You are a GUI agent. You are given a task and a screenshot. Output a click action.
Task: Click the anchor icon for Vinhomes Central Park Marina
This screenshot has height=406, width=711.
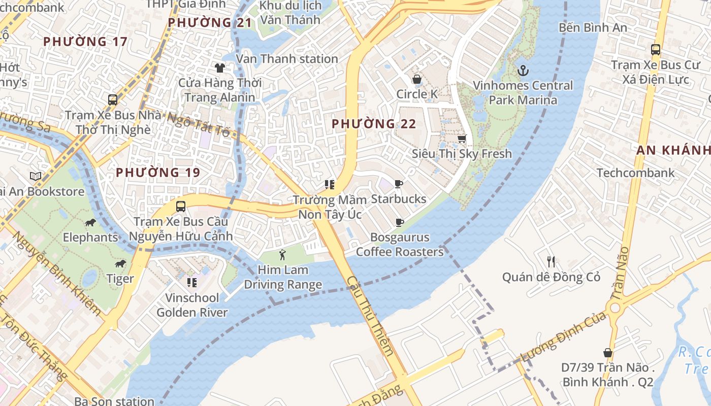tap(523, 71)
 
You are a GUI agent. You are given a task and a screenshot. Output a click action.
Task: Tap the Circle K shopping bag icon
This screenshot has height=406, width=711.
tap(416, 79)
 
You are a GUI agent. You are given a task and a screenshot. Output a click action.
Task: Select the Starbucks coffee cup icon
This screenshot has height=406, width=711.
tap(399, 184)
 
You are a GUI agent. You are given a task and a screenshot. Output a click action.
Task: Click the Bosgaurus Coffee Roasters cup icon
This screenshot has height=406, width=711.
tap(399, 222)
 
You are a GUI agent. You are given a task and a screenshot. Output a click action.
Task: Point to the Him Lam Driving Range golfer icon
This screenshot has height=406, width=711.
tap(283, 255)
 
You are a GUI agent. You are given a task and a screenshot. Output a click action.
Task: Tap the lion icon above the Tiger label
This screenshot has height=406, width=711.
tap(120, 263)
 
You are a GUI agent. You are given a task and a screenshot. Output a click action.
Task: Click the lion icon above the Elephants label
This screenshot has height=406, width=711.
tap(90, 222)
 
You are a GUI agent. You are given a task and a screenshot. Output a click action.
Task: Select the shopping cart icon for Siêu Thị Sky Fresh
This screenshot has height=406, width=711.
tap(462, 139)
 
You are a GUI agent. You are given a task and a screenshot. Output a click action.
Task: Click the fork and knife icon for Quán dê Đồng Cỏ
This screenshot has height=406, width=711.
tap(551, 262)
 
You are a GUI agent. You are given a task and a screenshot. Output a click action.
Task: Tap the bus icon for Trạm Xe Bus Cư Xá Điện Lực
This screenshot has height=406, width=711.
tap(655, 50)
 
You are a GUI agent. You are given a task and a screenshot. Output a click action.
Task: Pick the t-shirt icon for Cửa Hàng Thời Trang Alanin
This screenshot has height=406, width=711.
tap(219, 67)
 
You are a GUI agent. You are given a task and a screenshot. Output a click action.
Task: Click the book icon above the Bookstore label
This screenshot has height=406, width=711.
tap(35, 177)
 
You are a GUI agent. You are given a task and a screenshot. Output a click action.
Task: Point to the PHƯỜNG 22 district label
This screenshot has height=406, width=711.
tap(374, 124)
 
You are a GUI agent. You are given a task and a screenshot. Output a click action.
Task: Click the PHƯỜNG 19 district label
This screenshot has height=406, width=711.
tap(158, 173)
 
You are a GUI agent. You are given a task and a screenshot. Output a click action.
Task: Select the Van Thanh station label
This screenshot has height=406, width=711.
tap(287, 59)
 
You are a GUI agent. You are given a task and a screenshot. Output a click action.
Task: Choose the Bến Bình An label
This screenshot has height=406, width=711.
tap(593, 27)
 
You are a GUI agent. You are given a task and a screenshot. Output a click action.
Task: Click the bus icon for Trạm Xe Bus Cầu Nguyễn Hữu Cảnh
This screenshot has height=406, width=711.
tap(180, 207)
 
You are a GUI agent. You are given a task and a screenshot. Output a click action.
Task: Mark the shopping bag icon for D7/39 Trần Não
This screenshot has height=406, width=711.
tap(607, 353)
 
